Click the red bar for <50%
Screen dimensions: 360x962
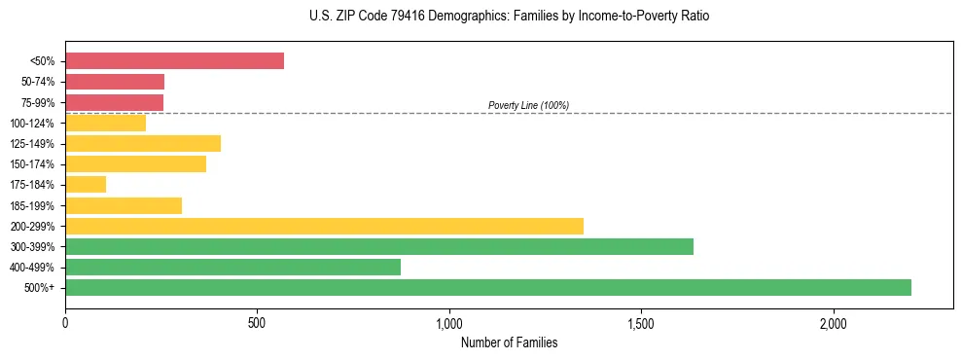click(x=174, y=60)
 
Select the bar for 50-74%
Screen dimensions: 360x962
click(x=115, y=82)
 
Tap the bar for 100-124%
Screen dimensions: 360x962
click(x=105, y=123)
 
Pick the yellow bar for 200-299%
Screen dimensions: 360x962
click(x=324, y=226)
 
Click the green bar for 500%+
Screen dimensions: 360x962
click(x=487, y=287)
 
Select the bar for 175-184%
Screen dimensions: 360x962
click(x=86, y=184)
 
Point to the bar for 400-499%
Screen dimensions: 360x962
click(x=232, y=267)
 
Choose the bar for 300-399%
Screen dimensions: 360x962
click(x=379, y=246)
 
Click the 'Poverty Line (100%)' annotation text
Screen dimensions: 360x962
click(x=528, y=105)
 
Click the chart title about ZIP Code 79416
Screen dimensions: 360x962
click(x=481, y=17)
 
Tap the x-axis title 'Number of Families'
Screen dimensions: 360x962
click(x=509, y=342)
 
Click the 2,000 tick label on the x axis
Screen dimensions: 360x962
click(x=834, y=322)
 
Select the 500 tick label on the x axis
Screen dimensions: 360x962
click(x=257, y=322)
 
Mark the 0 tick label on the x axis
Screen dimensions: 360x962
click(x=65, y=322)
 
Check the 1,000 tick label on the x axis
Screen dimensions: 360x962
click(x=449, y=322)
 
